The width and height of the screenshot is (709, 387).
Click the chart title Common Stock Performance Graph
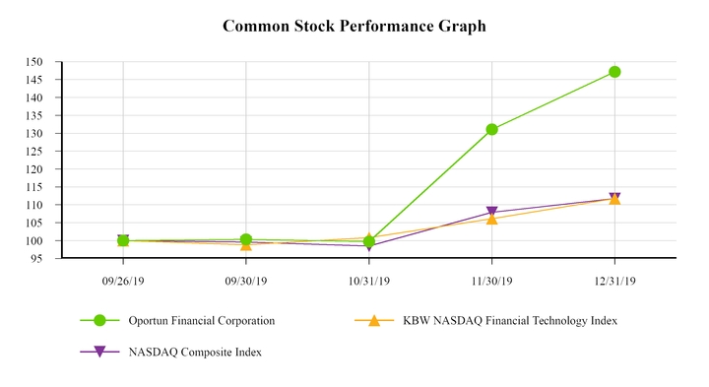pyautogui.click(x=354, y=27)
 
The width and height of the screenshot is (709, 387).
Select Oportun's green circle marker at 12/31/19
pyautogui.click(x=614, y=72)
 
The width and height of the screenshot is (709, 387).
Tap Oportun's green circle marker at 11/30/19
pyautogui.click(x=491, y=129)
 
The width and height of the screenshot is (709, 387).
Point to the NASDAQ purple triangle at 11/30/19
pyautogui.click(x=491, y=213)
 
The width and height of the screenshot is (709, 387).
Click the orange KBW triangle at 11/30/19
pyautogui.click(x=491, y=219)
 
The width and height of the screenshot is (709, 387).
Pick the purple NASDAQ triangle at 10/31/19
pyautogui.click(x=368, y=246)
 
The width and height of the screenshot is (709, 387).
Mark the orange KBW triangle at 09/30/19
pyautogui.click(x=246, y=244)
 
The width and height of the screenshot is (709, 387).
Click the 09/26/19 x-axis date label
pyautogui.click(x=123, y=281)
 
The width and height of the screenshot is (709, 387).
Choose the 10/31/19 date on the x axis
pyautogui.click(x=368, y=281)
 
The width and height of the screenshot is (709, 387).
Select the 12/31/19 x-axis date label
pyautogui.click(x=614, y=281)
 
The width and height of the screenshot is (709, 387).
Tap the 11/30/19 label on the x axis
pyautogui.click(x=491, y=281)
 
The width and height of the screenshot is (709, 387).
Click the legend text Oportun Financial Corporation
pyautogui.click(x=202, y=321)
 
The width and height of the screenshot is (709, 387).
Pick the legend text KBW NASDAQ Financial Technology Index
pyautogui.click(x=510, y=321)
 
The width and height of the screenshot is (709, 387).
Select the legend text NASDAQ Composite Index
pyautogui.click(x=195, y=352)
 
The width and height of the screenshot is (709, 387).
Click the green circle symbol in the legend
pyautogui.click(x=99, y=321)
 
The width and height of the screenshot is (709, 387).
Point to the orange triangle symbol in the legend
pyautogui.click(x=374, y=321)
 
